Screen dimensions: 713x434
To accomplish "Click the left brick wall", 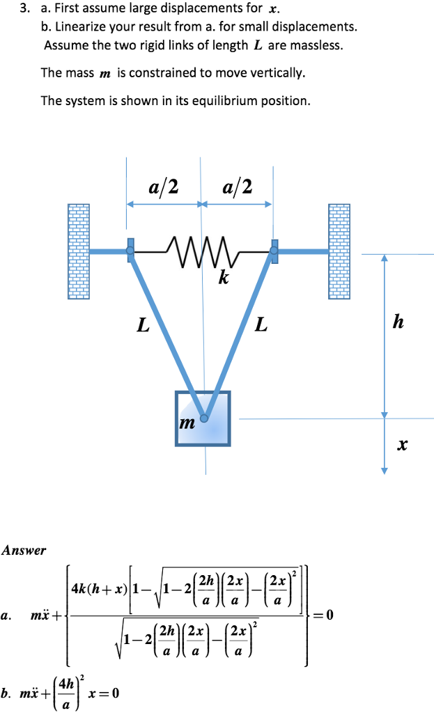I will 79,251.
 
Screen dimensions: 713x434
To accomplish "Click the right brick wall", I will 339,251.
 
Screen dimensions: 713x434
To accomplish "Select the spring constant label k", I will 223,279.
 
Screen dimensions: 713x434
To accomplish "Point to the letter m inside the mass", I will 187,423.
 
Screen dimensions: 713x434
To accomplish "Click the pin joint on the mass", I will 204,418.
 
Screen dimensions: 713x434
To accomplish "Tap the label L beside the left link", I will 142,324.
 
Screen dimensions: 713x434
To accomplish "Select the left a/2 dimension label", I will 163,187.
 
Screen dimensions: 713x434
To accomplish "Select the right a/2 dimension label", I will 237,187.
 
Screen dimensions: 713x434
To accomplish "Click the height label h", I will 398,322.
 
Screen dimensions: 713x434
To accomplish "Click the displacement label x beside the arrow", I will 401,444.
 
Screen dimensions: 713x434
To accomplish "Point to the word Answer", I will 24,550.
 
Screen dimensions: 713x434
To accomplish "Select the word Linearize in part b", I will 82,28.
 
